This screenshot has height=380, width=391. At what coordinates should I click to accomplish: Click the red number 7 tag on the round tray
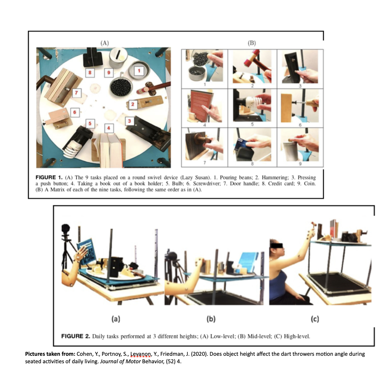coord(77,93)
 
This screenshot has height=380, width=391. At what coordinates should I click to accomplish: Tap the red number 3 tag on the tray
coord(130,121)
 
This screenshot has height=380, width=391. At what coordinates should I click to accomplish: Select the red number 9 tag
coord(109,73)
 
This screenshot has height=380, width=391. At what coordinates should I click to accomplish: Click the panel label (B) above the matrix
coord(251,43)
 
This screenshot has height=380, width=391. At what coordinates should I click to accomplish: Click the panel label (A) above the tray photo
coord(104,43)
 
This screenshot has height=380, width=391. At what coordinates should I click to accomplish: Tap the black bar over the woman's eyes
coord(277,245)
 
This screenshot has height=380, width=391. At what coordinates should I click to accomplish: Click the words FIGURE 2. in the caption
coord(75,336)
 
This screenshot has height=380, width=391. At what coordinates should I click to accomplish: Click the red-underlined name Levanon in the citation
coord(140,354)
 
